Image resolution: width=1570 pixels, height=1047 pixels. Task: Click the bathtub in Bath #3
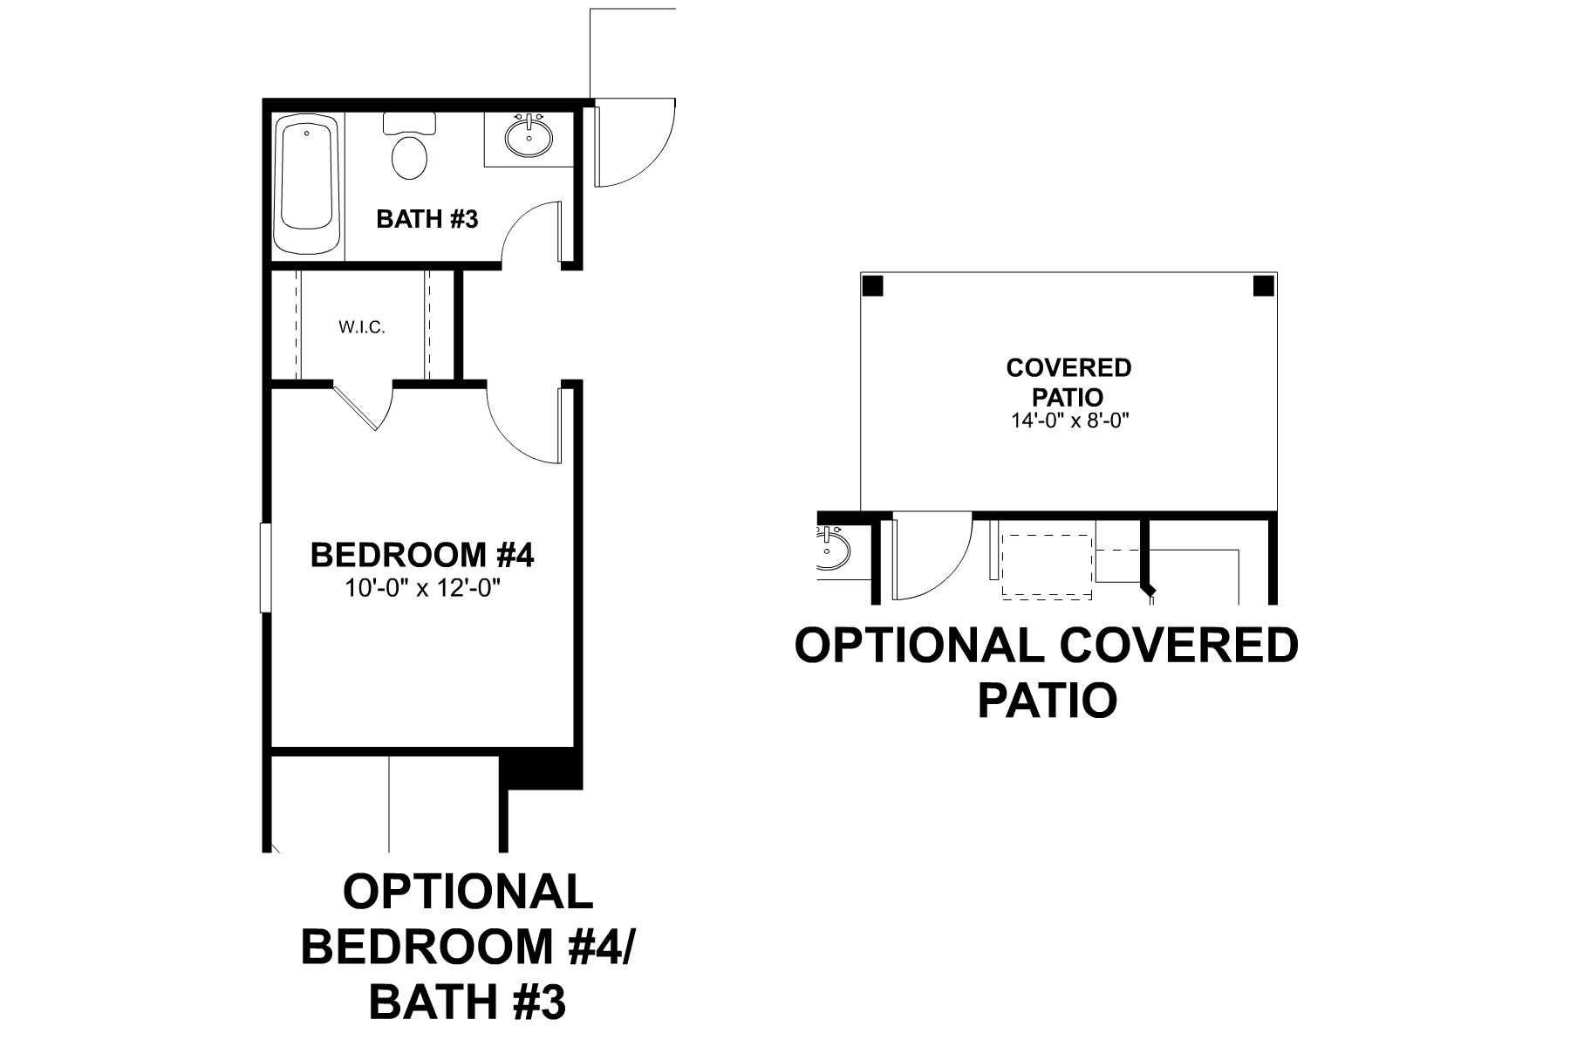(x=306, y=186)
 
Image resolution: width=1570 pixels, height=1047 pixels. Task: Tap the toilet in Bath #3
(x=409, y=150)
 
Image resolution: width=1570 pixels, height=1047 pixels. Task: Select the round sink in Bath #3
(x=529, y=137)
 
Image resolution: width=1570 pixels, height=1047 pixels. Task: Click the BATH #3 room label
(x=427, y=219)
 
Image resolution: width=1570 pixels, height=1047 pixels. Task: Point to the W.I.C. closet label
(x=362, y=328)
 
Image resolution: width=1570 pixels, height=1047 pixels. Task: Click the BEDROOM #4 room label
(x=421, y=555)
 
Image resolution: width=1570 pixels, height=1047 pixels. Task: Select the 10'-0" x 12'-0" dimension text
(x=422, y=589)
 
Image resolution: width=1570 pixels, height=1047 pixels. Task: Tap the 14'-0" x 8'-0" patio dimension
(x=1069, y=421)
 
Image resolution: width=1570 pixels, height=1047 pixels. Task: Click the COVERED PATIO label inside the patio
(x=1068, y=381)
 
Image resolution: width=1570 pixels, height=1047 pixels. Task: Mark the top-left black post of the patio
(x=873, y=286)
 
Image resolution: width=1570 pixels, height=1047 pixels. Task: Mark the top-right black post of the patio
(x=1263, y=286)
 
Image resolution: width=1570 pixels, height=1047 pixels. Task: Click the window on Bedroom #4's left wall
(x=265, y=567)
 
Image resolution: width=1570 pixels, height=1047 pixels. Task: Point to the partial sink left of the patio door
(x=834, y=551)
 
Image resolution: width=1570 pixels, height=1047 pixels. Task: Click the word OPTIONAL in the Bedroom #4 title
(x=468, y=892)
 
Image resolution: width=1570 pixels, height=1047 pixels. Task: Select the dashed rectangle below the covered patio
(x=1047, y=566)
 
